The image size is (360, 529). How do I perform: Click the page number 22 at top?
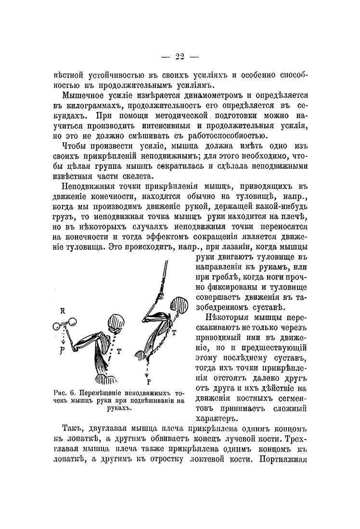tap(180, 56)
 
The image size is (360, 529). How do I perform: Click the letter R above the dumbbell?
tap(63, 311)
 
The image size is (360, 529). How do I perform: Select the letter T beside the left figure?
tap(118, 351)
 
